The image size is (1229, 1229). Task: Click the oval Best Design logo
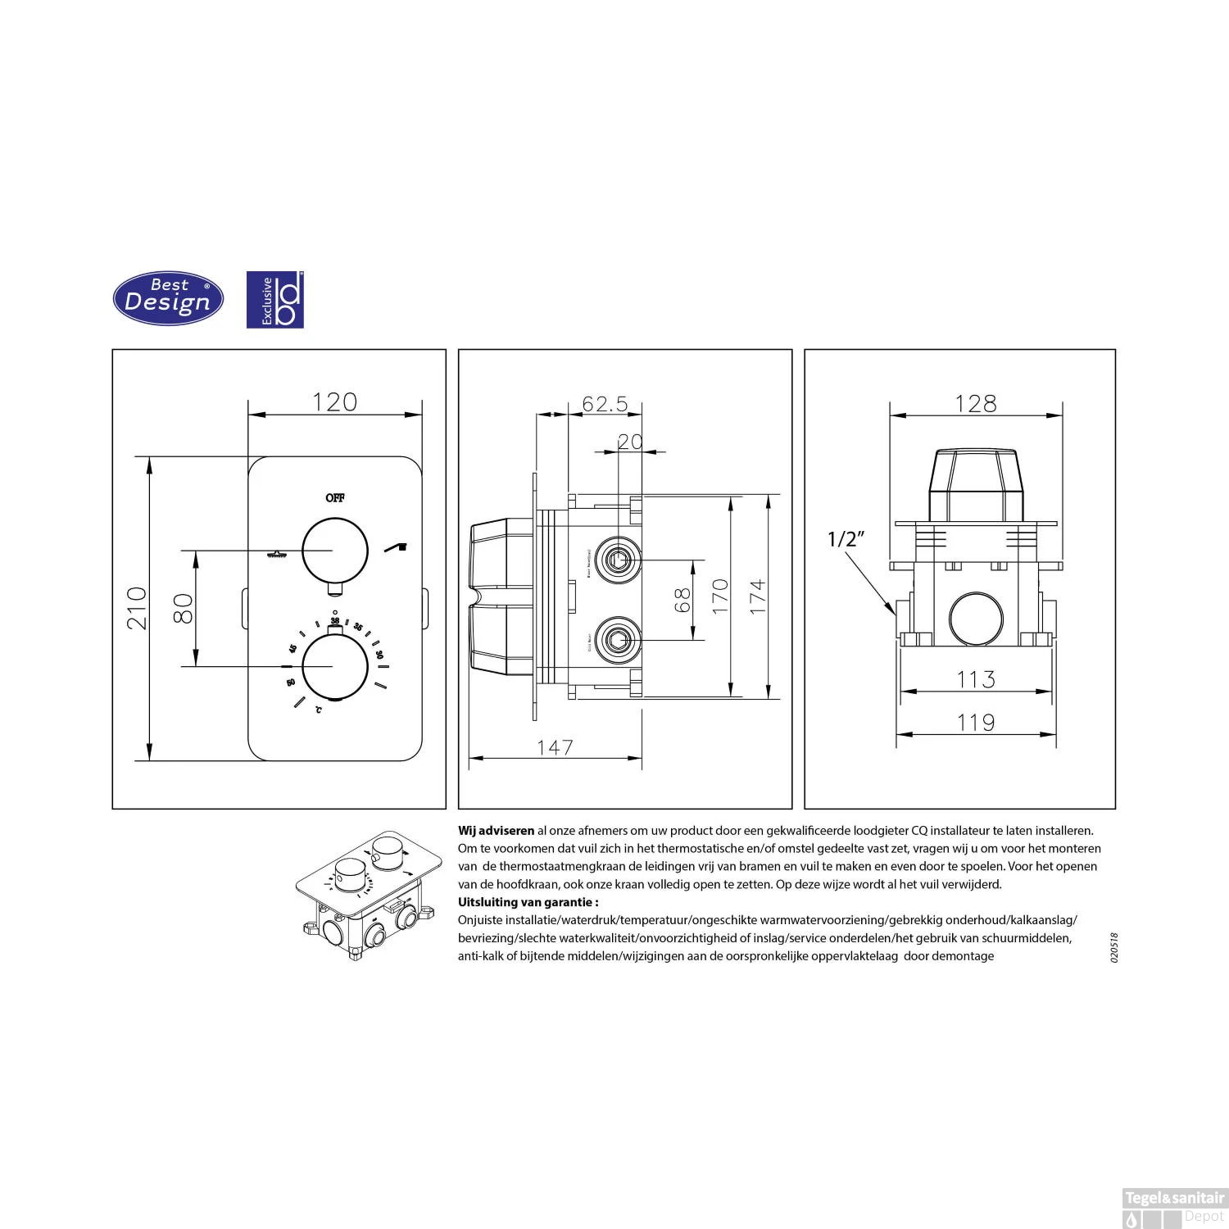pyautogui.click(x=168, y=300)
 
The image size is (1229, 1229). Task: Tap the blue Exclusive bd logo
pyautogui.click(x=275, y=300)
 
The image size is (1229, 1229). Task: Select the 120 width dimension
pyautogui.click(x=335, y=402)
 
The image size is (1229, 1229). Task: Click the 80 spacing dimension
pyautogui.click(x=185, y=607)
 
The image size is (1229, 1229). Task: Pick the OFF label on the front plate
pyautogui.click(x=335, y=497)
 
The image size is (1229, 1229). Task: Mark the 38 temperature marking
pyautogui.click(x=334, y=621)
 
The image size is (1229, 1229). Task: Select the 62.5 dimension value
pyautogui.click(x=605, y=403)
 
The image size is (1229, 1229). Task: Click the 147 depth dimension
pyautogui.click(x=555, y=747)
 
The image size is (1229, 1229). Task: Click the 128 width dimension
pyautogui.click(x=977, y=403)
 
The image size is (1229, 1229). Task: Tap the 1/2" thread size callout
pyautogui.click(x=846, y=539)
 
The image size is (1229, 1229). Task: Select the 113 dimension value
pyautogui.click(x=977, y=679)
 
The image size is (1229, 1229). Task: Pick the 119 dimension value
pyautogui.click(x=977, y=722)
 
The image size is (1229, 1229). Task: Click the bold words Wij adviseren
pyautogui.click(x=496, y=831)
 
